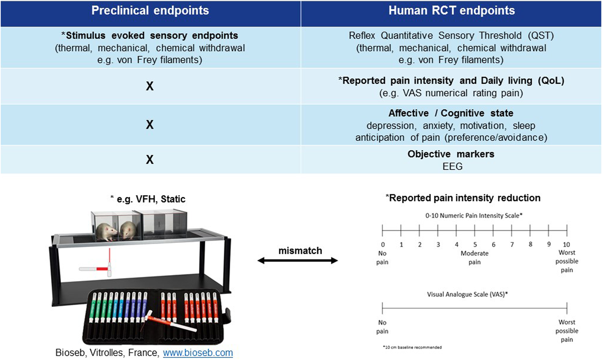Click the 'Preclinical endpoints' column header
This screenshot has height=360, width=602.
[x=150, y=11]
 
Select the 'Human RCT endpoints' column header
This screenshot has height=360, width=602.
[x=451, y=11]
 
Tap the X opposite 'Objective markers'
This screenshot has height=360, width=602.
[x=150, y=159]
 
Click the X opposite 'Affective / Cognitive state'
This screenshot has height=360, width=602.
[x=150, y=124]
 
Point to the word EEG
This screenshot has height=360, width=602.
[x=452, y=167]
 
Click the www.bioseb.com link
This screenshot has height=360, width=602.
[x=198, y=353]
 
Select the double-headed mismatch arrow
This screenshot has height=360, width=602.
[x=298, y=261]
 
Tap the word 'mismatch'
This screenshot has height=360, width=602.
[x=300, y=251]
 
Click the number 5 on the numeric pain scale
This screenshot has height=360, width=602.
[x=475, y=244]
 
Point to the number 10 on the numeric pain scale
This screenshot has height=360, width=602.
[x=566, y=244]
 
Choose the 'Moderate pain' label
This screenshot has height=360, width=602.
[x=475, y=258]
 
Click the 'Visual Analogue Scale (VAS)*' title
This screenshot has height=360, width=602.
[x=467, y=294]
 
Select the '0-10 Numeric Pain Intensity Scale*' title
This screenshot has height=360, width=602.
[x=474, y=216]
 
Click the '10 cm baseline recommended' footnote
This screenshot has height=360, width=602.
[x=412, y=347]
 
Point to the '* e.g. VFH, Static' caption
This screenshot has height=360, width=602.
[x=148, y=199]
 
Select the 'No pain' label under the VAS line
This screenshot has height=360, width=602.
[x=382, y=327]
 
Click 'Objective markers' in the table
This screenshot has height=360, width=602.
[x=451, y=154]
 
